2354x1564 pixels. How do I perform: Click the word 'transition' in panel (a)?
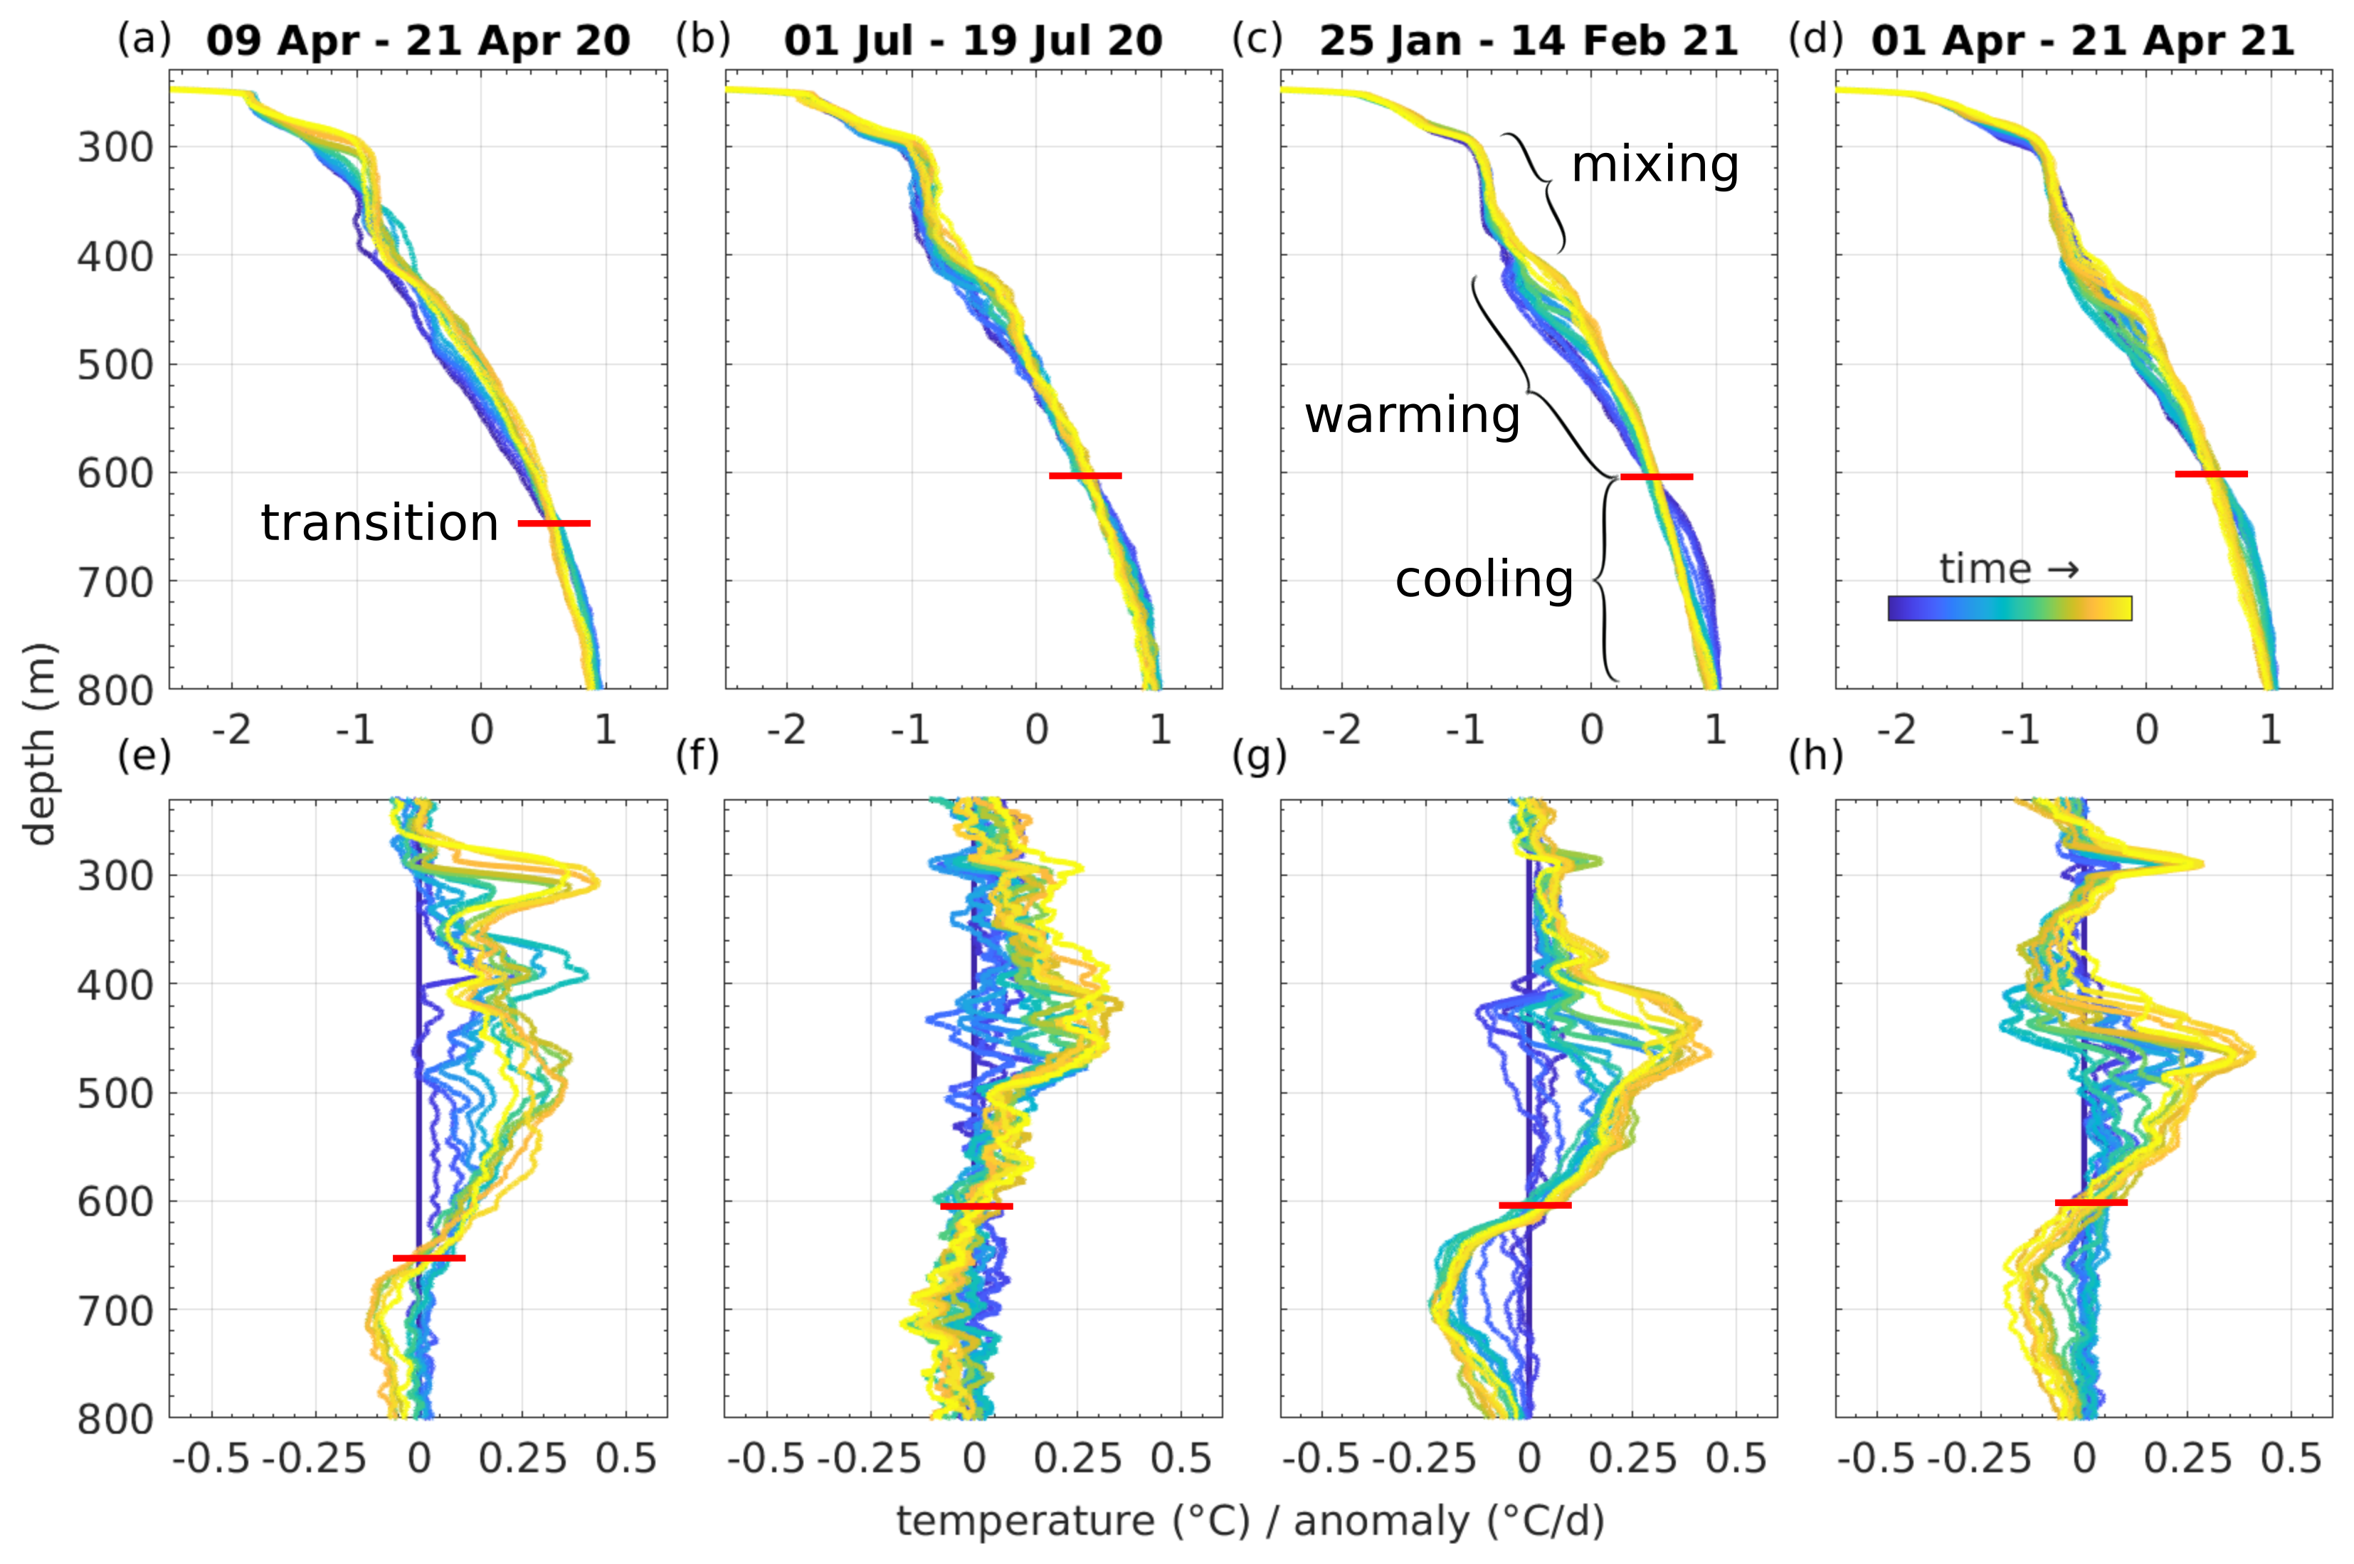coord(379,523)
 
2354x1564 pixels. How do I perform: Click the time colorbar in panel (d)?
coord(2009,608)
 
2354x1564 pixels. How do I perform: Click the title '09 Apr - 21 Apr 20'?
coord(418,41)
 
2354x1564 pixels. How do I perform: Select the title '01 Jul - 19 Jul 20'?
coord(973,41)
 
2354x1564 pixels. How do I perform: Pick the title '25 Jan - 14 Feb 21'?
coord(1528,41)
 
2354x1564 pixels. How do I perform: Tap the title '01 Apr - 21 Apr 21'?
coord(2083,41)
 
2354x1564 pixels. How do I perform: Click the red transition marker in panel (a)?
coord(554,523)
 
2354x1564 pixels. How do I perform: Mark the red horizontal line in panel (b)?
coord(1085,476)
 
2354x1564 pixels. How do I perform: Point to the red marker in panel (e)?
coord(429,1258)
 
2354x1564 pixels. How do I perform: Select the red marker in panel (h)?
coord(2091,1202)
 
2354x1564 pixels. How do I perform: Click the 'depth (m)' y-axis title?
coord(40,743)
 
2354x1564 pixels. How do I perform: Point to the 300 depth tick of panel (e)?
coord(116,876)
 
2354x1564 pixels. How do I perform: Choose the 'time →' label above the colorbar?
coord(2009,569)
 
